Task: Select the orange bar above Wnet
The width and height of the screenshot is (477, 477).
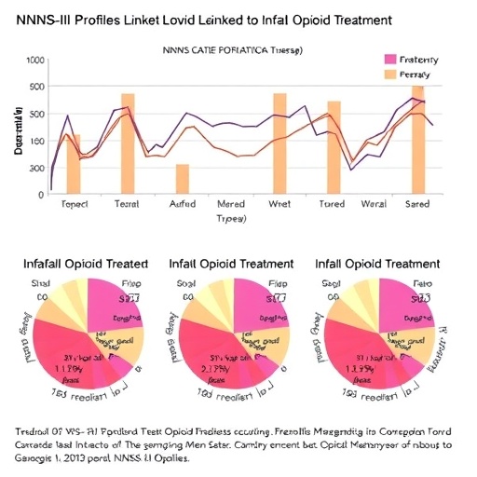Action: pos(279,143)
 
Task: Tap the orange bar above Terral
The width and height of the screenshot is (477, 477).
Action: pos(129,143)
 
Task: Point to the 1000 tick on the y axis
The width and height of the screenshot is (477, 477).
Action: pos(36,61)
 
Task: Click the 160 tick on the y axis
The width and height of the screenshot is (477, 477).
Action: pos(36,142)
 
